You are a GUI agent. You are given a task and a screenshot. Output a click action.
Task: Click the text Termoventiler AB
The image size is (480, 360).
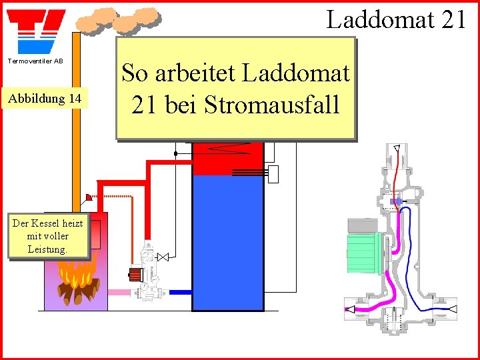35,61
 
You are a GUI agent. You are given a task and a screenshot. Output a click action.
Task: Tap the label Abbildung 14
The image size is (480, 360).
44,99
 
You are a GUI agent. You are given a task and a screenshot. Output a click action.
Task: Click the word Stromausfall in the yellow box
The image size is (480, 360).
272,104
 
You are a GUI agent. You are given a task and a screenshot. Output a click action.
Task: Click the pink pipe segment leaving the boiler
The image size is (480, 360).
120,292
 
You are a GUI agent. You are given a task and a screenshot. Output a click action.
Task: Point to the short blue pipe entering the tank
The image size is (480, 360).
180,292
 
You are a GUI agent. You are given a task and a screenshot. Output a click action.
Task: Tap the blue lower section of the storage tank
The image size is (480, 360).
227,240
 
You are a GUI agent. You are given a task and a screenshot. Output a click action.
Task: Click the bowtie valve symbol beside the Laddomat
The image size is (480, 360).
163,256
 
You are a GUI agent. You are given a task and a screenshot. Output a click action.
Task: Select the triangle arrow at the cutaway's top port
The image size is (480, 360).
396,148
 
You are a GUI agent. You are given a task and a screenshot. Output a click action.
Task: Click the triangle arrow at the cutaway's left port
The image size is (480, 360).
349,309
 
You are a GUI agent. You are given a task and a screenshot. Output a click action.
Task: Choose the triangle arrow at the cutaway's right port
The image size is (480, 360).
451,309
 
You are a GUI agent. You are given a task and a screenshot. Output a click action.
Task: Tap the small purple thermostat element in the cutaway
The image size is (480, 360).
395,201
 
